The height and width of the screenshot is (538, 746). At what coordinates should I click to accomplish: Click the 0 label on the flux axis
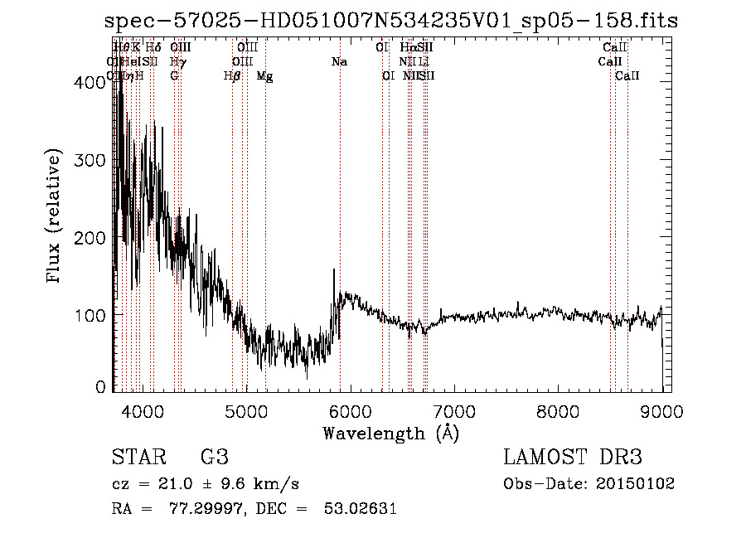tap(101, 387)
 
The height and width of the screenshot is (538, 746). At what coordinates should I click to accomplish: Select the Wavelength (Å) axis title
tap(390, 433)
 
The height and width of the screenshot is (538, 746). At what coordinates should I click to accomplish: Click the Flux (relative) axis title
tap(55, 217)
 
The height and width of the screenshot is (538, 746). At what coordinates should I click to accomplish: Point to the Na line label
tap(339, 62)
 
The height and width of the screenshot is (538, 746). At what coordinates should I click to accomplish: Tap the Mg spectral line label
tap(264, 76)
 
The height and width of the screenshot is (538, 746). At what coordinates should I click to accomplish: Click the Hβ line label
tap(232, 76)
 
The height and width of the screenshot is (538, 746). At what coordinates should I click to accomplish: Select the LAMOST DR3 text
tap(573, 458)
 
